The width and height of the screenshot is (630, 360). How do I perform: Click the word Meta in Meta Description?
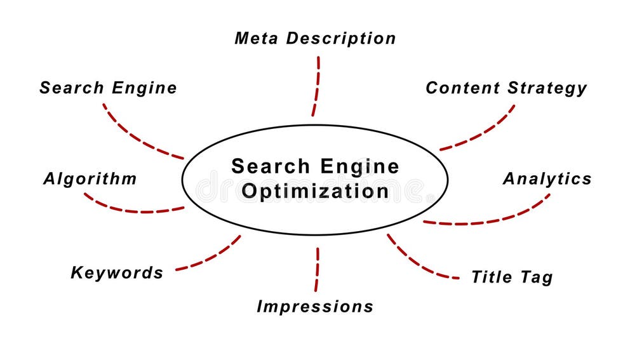point(257,38)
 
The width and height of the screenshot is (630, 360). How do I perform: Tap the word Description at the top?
point(340,38)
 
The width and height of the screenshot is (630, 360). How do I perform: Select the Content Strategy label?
point(506,88)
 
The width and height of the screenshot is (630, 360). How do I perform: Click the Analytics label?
point(547,179)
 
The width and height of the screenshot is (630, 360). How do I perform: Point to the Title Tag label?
point(511,277)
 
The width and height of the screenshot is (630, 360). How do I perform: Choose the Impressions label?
point(314,307)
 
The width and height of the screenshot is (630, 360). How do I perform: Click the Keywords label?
point(117,273)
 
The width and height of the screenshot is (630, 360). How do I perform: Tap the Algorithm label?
point(90,179)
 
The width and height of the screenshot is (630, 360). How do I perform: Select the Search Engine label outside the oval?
point(108,88)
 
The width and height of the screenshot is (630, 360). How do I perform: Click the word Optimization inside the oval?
point(316,191)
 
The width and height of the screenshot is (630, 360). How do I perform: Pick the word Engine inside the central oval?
point(359,166)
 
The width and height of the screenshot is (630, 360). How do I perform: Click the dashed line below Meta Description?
point(316,86)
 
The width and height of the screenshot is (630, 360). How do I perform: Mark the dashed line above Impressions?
point(317,269)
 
